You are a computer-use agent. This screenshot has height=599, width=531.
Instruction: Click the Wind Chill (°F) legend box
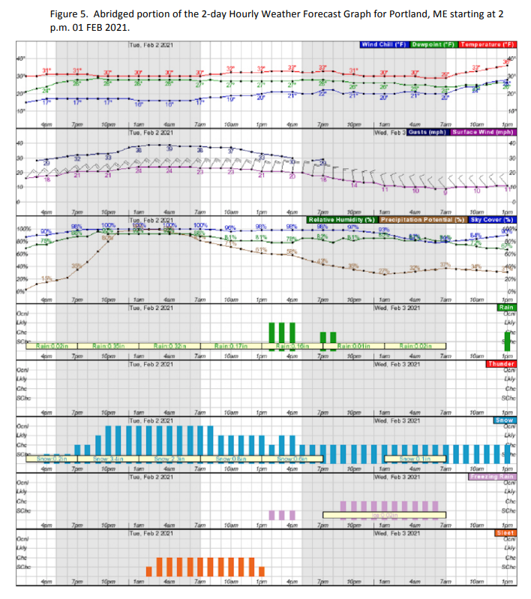pos(381,45)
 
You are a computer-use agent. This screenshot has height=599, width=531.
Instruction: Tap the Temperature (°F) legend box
pos(487,45)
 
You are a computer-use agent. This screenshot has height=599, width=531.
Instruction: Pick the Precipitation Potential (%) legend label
pos(420,219)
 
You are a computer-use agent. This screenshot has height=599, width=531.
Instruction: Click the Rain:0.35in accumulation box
pos(106,346)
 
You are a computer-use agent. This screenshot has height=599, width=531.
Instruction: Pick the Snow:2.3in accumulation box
pos(168,458)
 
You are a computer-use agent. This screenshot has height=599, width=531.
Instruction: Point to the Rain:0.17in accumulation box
pos(229,346)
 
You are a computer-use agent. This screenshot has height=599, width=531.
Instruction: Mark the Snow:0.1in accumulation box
pos(414,458)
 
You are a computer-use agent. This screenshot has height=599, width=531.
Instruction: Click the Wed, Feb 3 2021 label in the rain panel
pos(399,363)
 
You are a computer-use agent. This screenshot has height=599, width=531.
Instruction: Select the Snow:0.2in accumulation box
pos(52,458)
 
